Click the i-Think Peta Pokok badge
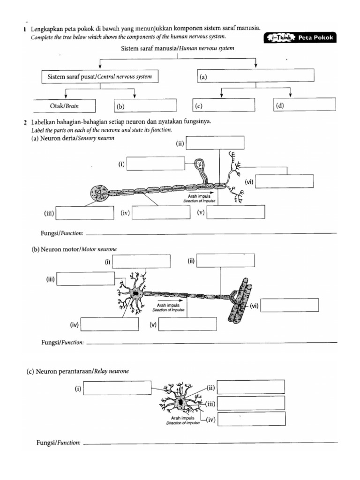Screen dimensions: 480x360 pos(300,38)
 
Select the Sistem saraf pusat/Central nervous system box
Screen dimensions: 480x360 pos(97,76)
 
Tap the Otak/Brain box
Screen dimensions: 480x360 pos(65,106)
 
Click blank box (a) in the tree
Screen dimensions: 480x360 pos(255,75)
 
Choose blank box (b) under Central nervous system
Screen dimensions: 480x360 pos(145,106)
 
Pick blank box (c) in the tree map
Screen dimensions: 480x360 pos(224,105)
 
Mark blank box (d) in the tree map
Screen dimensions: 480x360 pos(305,105)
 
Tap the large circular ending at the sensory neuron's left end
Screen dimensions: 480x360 pos(99,193)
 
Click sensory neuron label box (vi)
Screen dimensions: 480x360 pos(285,181)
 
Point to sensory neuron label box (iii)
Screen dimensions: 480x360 pos(85,213)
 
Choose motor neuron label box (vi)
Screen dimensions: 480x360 pos(290,305)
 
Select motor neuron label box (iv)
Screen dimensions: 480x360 pos(110,324)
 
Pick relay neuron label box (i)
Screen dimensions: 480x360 pos(117,388)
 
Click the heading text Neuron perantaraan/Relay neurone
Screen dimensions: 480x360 pos(77,371)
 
